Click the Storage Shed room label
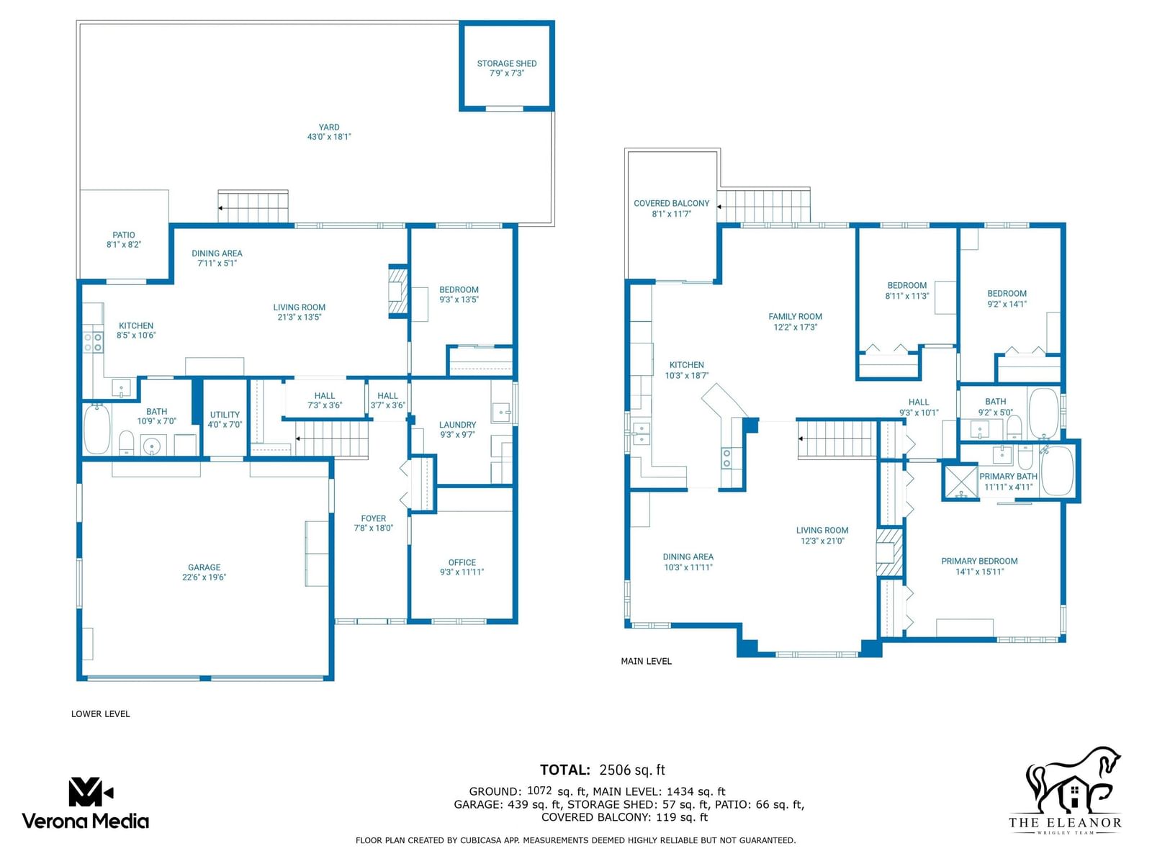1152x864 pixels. [506, 63]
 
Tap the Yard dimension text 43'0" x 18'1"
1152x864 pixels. [329, 137]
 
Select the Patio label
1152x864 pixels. [124, 235]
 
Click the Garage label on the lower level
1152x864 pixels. [204, 567]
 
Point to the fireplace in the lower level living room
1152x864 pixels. [397, 291]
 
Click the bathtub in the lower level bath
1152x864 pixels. [97, 428]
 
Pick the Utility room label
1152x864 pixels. [225, 415]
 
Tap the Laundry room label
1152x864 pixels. [458, 424]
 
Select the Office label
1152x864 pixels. [462, 562]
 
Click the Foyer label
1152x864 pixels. [373, 518]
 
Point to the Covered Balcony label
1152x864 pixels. [671, 203]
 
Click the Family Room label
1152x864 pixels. [795, 316]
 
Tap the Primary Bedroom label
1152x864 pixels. [979, 561]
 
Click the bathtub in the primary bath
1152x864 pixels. [1057, 471]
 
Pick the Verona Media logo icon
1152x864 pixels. [90, 792]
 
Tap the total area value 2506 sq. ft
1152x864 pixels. [632, 770]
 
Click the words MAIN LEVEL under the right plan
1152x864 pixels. [646, 662]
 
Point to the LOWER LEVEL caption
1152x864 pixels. [100, 714]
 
